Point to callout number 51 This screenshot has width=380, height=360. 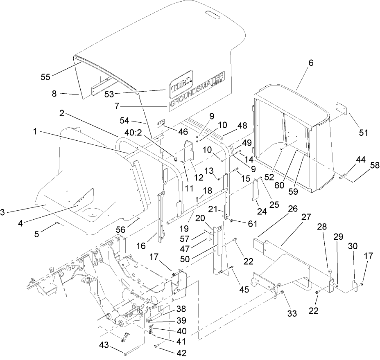[364, 133]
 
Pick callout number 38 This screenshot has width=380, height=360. [181, 309]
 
